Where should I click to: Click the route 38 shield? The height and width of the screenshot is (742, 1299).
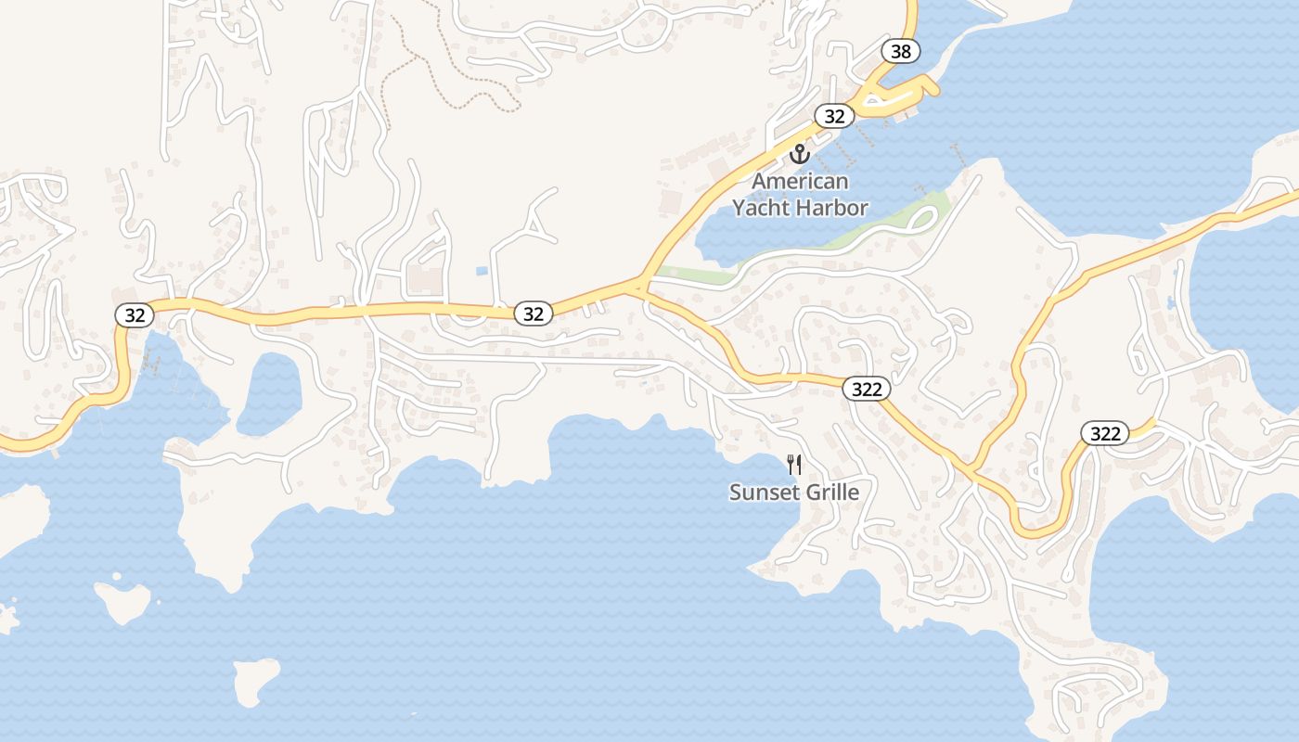901,51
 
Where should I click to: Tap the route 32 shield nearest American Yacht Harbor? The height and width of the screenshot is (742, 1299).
834,116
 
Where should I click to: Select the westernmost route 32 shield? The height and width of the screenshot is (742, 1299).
135,314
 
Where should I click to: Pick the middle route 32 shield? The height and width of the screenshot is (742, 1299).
533,313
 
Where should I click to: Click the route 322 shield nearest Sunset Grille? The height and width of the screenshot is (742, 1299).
866,389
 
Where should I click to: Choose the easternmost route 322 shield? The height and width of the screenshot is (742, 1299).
1104,433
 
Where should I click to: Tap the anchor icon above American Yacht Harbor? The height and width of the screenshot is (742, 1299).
799,153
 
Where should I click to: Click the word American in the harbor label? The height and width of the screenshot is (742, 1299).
800,181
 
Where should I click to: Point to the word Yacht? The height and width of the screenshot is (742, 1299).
766,208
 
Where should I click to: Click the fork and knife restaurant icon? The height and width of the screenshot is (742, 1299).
793,464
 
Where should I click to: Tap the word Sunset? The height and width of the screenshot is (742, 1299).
763,492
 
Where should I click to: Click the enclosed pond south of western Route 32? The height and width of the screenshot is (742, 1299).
269,394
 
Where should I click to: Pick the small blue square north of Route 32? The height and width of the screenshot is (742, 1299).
481,271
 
